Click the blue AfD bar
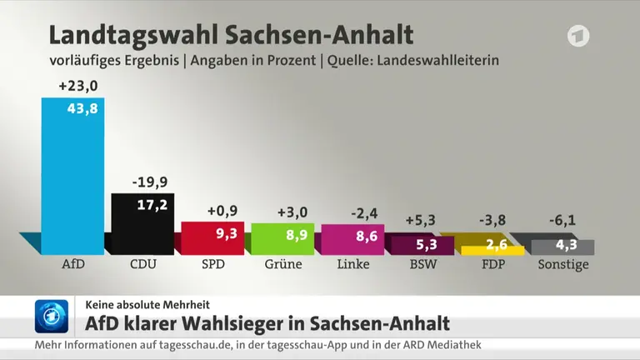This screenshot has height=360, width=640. click(x=72, y=176)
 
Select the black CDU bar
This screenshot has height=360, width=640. click(x=142, y=224)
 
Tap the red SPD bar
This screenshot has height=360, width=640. click(x=212, y=238)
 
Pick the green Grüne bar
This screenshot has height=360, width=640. click(x=282, y=239)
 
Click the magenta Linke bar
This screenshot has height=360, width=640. click(x=352, y=240)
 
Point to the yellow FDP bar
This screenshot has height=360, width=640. click(x=492, y=250)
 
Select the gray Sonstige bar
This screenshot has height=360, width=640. click(x=562, y=247)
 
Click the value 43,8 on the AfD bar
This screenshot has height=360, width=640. click(x=82, y=108)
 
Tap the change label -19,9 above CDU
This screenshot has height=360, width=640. click(x=150, y=182)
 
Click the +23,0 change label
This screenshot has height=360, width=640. click(x=78, y=86)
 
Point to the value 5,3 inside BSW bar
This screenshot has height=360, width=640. click(x=427, y=244)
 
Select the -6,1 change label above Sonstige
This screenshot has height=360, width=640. click(x=562, y=220)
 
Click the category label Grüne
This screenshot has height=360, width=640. click(x=283, y=264)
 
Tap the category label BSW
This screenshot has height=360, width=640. click(x=423, y=264)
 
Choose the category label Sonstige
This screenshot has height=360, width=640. click(x=563, y=264)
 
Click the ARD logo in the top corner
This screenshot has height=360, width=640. click(x=578, y=36)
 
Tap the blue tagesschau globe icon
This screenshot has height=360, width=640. click(x=52, y=317)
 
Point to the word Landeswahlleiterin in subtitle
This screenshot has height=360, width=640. click(x=438, y=60)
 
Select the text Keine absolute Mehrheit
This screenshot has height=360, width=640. click(x=147, y=305)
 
